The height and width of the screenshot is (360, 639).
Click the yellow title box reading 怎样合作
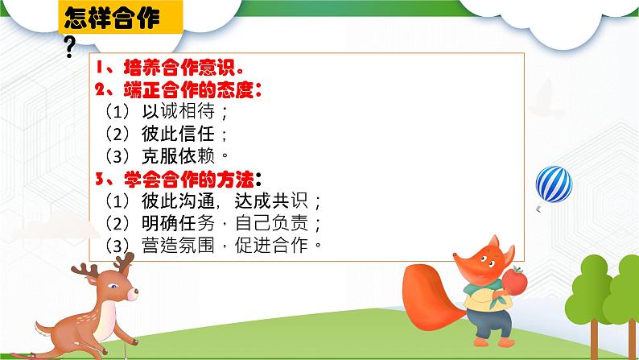(120, 17)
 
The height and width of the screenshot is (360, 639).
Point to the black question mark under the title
(70, 47)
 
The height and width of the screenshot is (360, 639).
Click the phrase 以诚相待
(178, 111)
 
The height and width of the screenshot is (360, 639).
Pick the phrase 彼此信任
(178, 134)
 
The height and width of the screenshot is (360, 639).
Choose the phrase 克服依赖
(178, 155)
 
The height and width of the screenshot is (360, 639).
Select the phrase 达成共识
(271, 201)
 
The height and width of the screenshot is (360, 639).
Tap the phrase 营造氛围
(178, 246)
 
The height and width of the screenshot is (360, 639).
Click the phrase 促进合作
(271, 246)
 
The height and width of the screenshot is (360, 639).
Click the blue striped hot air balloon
(554, 184)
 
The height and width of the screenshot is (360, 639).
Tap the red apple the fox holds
(515, 280)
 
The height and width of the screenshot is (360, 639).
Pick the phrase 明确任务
(178, 223)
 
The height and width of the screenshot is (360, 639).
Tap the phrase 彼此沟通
(178, 201)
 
